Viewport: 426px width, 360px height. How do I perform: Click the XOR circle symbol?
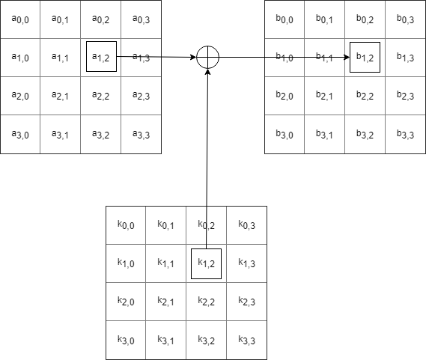coord(207,57)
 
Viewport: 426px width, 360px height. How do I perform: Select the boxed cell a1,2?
coord(101,57)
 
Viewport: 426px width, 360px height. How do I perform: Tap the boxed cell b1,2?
coord(365,57)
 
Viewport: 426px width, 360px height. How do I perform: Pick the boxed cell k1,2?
coord(206,263)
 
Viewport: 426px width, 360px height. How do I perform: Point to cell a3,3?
coord(141,135)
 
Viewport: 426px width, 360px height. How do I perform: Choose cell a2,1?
coord(61,96)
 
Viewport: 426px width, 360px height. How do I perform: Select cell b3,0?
coord(284,135)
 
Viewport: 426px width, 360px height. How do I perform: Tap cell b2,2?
coord(365,96)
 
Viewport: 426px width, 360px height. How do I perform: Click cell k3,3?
coord(246,341)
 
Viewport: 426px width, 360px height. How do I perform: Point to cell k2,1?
coord(166,302)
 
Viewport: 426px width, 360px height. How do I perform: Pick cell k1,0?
coord(126,263)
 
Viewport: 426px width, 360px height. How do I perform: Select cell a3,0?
coord(20,135)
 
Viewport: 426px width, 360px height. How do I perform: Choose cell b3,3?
coord(406,135)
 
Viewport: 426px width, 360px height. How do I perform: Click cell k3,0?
coord(126,341)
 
